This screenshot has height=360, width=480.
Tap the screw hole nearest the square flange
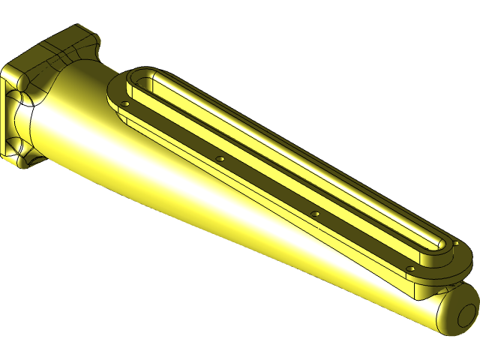pyautogui.click(x=125, y=103)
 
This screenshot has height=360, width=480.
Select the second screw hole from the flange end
pyautogui.click(x=220, y=159)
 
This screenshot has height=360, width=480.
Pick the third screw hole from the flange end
pyautogui.click(x=315, y=214)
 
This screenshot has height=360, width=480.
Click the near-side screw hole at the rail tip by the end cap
pyautogui.click(x=410, y=269)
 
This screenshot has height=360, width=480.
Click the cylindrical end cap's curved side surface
pyautogui.click(x=442, y=315)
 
